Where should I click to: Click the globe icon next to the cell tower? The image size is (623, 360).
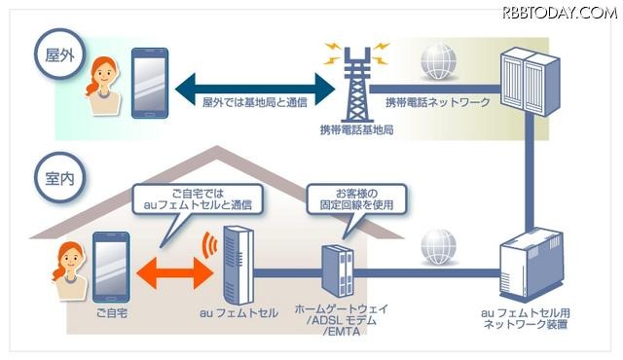[x=438, y=63]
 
